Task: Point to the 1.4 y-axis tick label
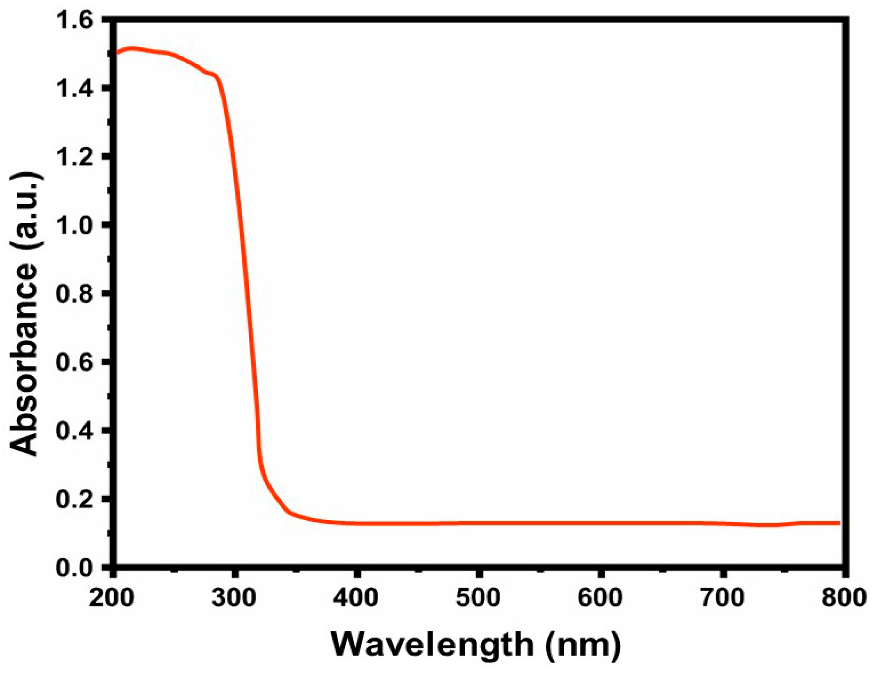[x=76, y=89]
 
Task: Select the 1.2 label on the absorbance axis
[x=76, y=157]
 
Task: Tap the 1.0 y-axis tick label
[x=76, y=225]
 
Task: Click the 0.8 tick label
[x=76, y=294]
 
